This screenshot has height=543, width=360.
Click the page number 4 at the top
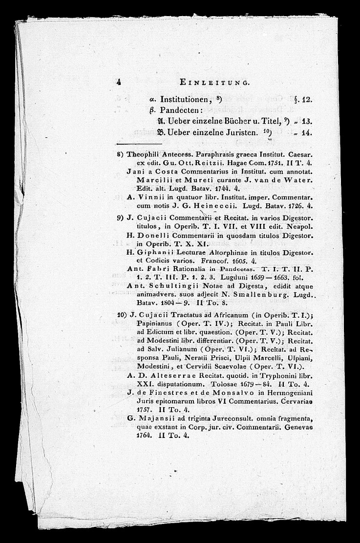pyautogui.click(x=119, y=83)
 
